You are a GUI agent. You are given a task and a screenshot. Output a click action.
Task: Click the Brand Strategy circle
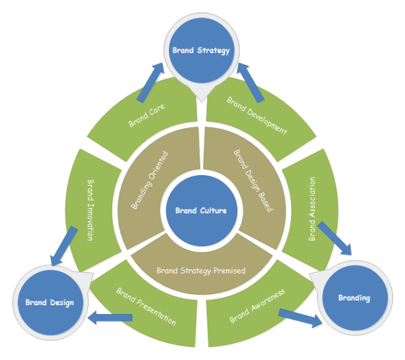tap(201, 50)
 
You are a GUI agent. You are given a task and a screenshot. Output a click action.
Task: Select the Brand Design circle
tap(49, 303)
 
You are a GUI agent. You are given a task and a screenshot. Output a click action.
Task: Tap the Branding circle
tap(354, 298)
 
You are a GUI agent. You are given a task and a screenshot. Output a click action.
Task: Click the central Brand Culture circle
tap(201, 211)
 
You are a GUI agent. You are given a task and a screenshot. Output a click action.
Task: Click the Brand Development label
tap(257, 116)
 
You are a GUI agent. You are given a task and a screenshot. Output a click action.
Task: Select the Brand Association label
tap(313, 209)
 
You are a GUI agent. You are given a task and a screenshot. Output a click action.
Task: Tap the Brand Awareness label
tap(257, 305)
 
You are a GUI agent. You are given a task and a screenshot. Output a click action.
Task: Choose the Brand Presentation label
tap(146, 306)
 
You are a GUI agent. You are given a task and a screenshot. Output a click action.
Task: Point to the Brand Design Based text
tap(252, 181)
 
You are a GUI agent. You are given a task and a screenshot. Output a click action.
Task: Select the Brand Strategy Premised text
tap(201, 270)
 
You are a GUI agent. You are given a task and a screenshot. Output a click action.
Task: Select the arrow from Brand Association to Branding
tap(334, 237)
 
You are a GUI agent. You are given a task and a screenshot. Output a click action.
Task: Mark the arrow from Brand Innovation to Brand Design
tap(63, 246)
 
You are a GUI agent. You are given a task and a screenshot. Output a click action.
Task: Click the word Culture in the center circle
tap(213, 211)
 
